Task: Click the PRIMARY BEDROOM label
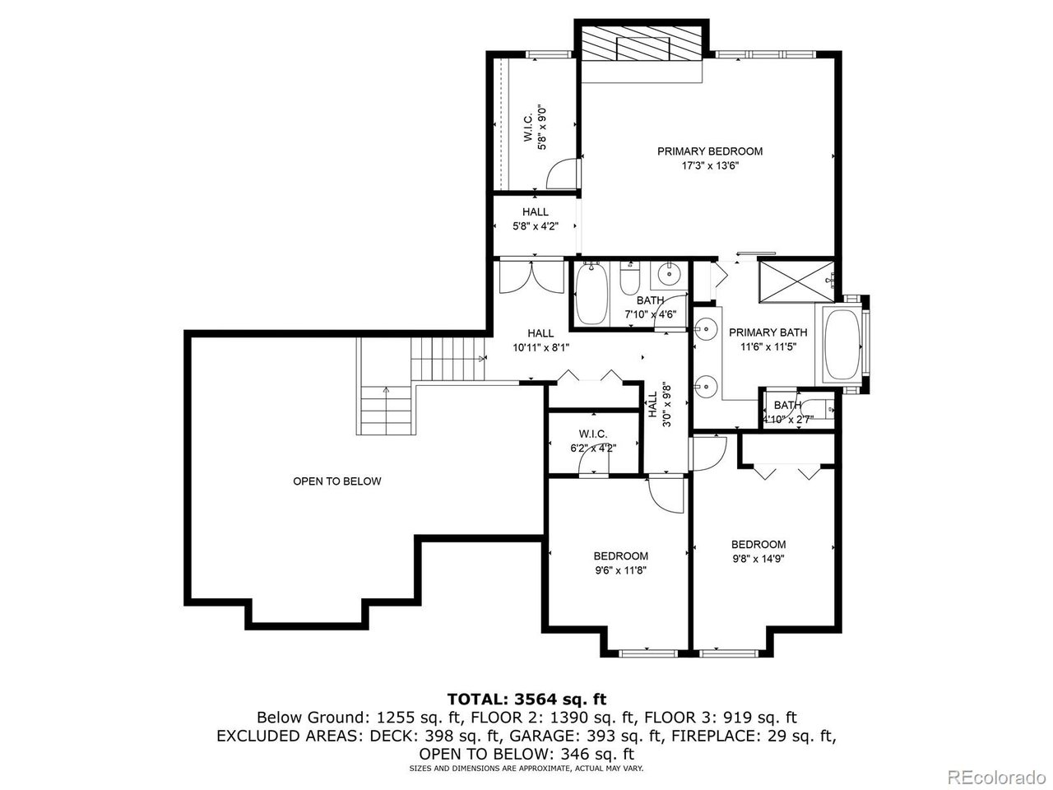[709, 151]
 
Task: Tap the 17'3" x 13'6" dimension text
[709, 165]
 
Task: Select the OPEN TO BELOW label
[337, 481]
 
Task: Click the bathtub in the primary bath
[841, 345]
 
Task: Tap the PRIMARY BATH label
[768, 332]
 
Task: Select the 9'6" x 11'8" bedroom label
[620, 563]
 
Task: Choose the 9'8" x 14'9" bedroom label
[758, 551]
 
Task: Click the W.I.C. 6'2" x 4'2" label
[592, 440]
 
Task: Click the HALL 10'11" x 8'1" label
[540, 340]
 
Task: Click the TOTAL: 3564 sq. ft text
[526, 699]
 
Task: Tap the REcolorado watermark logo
[995, 775]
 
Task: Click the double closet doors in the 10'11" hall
[525, 276]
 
